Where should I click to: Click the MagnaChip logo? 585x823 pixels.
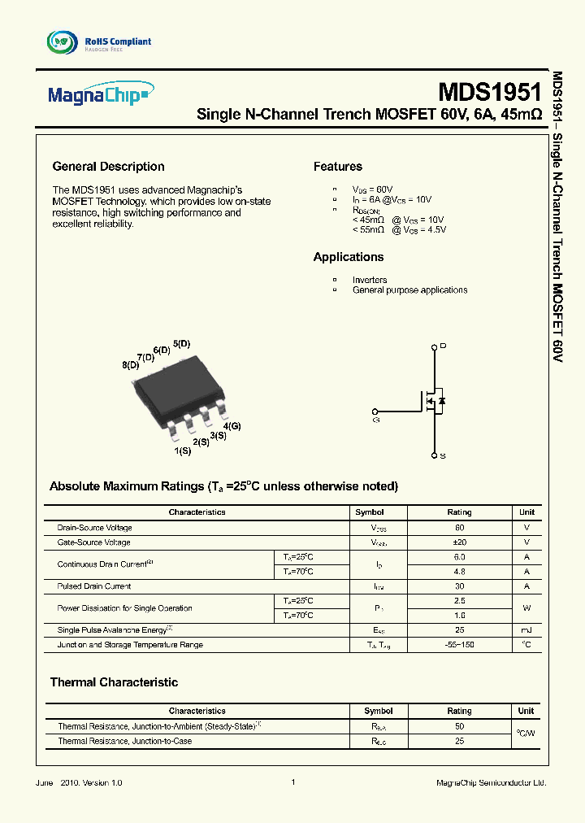97,97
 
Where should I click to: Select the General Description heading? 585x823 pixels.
108,167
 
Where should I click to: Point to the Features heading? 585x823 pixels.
337,167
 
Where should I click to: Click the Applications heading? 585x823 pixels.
348,257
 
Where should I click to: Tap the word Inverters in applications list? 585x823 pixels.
370,280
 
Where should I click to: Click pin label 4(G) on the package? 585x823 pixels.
232,426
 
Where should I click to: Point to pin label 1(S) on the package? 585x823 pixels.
182,449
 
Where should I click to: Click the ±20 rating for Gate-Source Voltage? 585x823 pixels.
459,542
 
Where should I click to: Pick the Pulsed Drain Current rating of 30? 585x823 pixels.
459,586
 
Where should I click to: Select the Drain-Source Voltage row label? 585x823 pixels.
94,528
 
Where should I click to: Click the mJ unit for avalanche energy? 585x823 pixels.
526,629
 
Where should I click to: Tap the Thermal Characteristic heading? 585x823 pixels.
114,682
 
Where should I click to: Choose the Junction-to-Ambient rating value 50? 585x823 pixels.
459,725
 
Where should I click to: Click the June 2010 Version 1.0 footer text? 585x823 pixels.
79,782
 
